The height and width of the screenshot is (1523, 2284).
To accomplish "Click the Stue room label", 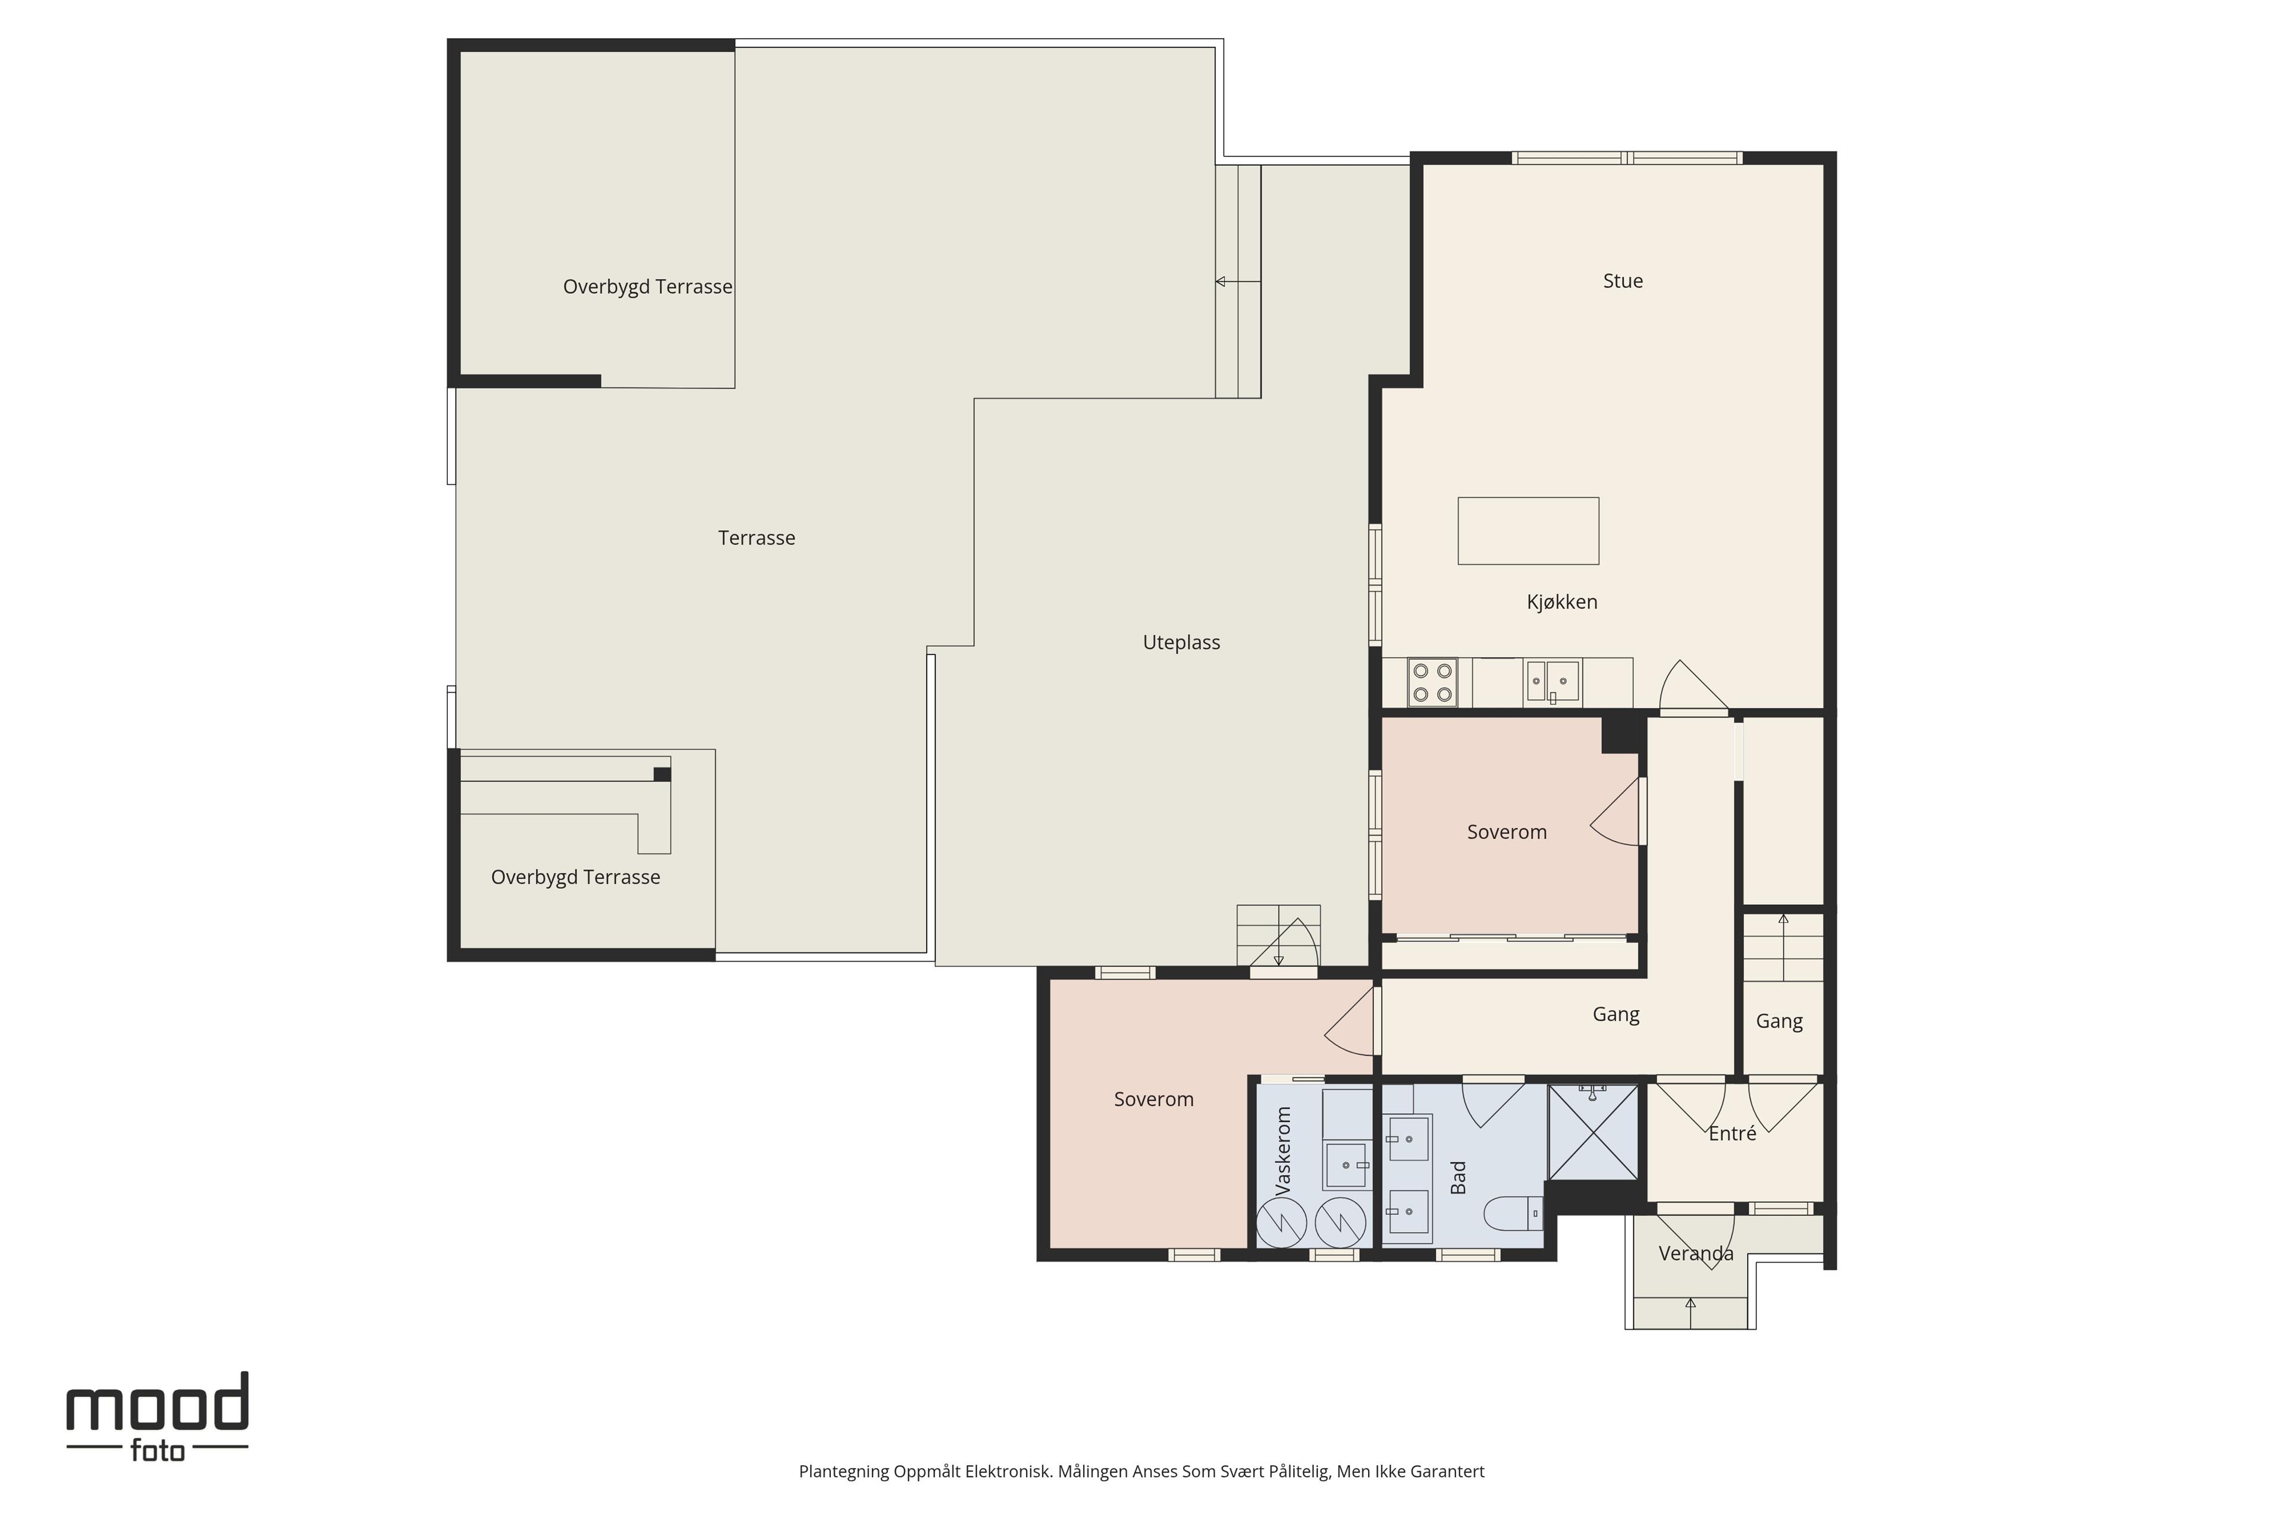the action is point(1623,281).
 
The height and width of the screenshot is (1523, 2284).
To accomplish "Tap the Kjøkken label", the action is point(1561,602).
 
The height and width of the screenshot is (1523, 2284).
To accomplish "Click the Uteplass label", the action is point(1181,642).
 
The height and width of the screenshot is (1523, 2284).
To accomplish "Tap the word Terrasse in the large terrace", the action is point(757,538).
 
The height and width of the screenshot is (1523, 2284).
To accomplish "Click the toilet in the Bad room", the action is point(1513,1212).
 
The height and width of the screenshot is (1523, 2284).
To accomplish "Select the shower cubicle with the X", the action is point(1593,1132).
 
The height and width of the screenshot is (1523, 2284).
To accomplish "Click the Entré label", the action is point(1733,1133).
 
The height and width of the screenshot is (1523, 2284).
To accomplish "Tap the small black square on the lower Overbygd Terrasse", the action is point(662,774).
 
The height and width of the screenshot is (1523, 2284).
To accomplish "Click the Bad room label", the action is point(1458,1177).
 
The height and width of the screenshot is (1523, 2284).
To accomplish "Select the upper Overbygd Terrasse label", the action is point(648,287).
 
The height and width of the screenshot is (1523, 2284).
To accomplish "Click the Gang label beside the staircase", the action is point(1779,1021).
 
